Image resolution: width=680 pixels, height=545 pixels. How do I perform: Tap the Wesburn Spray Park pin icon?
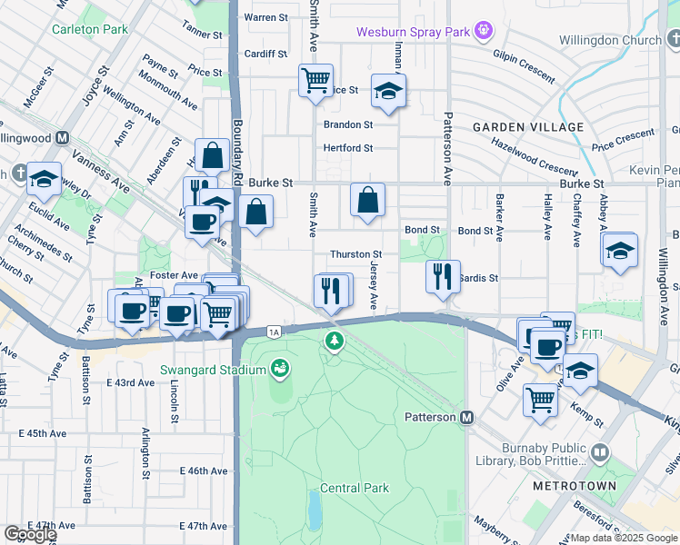(484, 32)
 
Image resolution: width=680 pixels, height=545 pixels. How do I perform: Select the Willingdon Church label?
(623, 41)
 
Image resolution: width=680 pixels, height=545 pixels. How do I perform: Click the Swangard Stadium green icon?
(280, 369)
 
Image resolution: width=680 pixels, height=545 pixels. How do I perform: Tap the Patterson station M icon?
(467, 417)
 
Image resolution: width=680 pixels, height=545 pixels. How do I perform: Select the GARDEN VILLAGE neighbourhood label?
(528, 126)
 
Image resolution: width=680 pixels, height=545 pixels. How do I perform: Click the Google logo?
(29, 534)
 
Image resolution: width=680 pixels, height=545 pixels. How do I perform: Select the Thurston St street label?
(355, 254)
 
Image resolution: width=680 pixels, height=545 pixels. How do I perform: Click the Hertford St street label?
(348, 148)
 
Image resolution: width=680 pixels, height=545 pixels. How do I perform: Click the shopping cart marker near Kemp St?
(541, 399)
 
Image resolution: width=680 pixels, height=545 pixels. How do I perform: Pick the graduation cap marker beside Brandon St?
(388, 91)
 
